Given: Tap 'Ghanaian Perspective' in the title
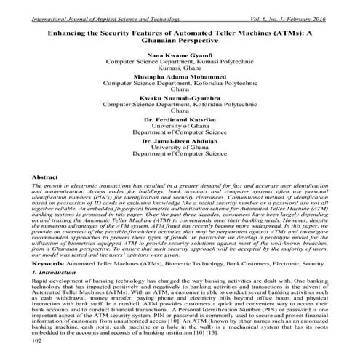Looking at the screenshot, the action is click(x=180, y=41).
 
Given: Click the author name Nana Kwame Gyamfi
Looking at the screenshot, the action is click(x=180, y=55).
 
